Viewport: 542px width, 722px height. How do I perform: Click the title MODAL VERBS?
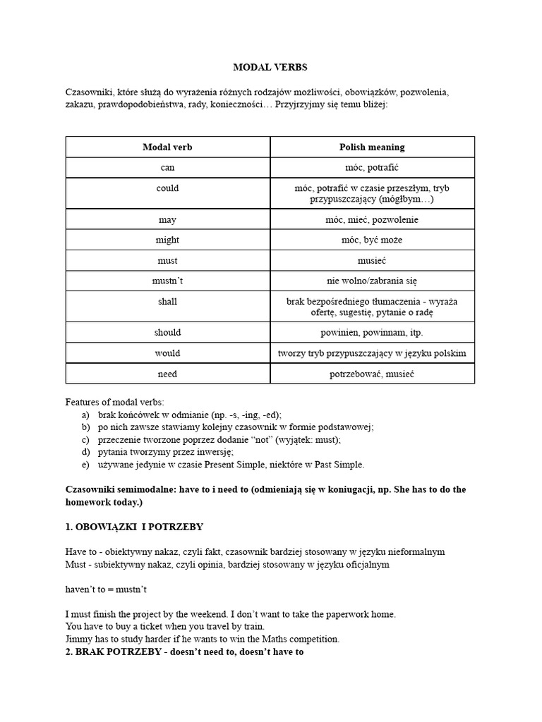tap(270, 68)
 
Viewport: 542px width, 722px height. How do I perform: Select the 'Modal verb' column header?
tap(167, 147)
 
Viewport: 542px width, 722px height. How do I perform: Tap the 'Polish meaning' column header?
tap(372, 147)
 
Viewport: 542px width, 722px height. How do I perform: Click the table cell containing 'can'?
tap(167, 168)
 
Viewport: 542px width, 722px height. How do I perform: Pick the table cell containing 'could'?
tap(167, 188)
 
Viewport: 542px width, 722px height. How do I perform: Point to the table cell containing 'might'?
tap(167, 240)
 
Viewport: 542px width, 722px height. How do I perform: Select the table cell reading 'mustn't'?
tap(167, 281)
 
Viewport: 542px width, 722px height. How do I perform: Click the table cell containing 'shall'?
tap(167, 301)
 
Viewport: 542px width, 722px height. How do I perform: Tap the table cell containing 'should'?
tap(167, 332)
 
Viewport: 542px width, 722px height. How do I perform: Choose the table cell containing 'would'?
tap(167, 353)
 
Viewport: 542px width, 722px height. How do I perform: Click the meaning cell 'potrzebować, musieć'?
tap(372, 374)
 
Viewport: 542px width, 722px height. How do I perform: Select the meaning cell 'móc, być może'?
tap(372, 240)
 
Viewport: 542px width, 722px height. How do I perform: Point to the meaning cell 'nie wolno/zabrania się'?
tap(372, 281)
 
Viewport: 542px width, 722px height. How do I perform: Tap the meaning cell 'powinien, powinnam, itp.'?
tap(372, 332)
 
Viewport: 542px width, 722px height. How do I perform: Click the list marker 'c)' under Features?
tap(85, 439)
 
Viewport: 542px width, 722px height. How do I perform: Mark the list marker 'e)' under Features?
tap(85, 465)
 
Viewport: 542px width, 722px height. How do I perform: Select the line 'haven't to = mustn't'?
tap(106, 589)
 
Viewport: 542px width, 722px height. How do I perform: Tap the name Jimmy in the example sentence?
tap(78, 640)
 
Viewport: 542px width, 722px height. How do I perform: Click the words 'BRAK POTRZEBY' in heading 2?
tap(118, 652)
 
